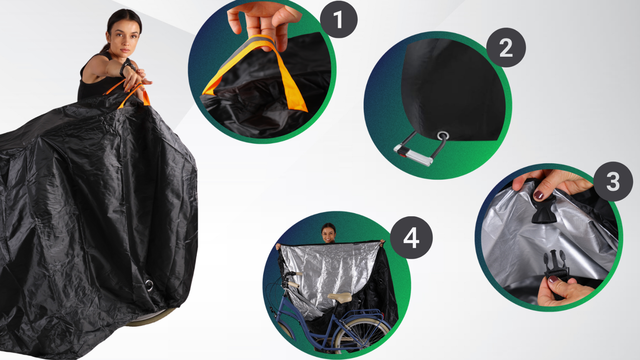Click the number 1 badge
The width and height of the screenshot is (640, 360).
(339, 19)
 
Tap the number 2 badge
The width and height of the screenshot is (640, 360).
(506, 47)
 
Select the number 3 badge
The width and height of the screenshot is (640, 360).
(613, 181)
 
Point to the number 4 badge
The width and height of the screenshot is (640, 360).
(411, 237)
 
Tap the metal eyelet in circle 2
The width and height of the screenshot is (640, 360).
(443, 136)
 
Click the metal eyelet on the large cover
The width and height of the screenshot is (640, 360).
(149, 285)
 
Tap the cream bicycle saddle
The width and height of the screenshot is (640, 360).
(340, 297)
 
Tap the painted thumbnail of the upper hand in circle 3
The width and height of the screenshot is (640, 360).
(539, 194)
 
